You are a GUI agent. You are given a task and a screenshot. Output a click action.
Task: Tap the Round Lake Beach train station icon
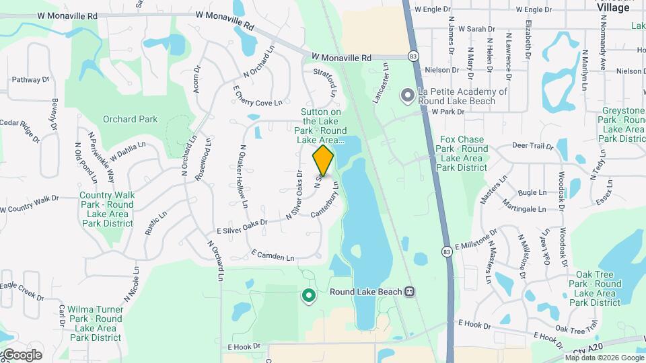tap(408, 292)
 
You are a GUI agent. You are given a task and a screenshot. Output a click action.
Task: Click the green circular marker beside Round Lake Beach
tap(309, 294)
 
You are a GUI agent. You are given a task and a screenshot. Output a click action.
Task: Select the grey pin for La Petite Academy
tap(406, 96)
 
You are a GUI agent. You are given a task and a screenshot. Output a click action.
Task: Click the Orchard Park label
tap(130, 120)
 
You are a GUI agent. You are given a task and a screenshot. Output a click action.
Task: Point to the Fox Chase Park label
tap(463, 153)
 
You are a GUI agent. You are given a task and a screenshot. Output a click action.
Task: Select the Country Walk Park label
tap(106, 209)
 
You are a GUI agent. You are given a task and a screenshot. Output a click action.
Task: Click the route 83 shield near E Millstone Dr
tap(447, 251)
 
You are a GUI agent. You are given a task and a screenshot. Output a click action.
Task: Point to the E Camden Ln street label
tap(273, 256)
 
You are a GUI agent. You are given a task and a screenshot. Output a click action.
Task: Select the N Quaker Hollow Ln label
tap(244, 176)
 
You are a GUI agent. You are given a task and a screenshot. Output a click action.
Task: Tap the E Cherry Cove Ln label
tap(257, 96)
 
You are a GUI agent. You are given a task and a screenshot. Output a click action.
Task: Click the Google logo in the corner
tap(22, 355)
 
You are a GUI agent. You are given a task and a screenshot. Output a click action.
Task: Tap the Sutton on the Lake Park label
tap(320, 126)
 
